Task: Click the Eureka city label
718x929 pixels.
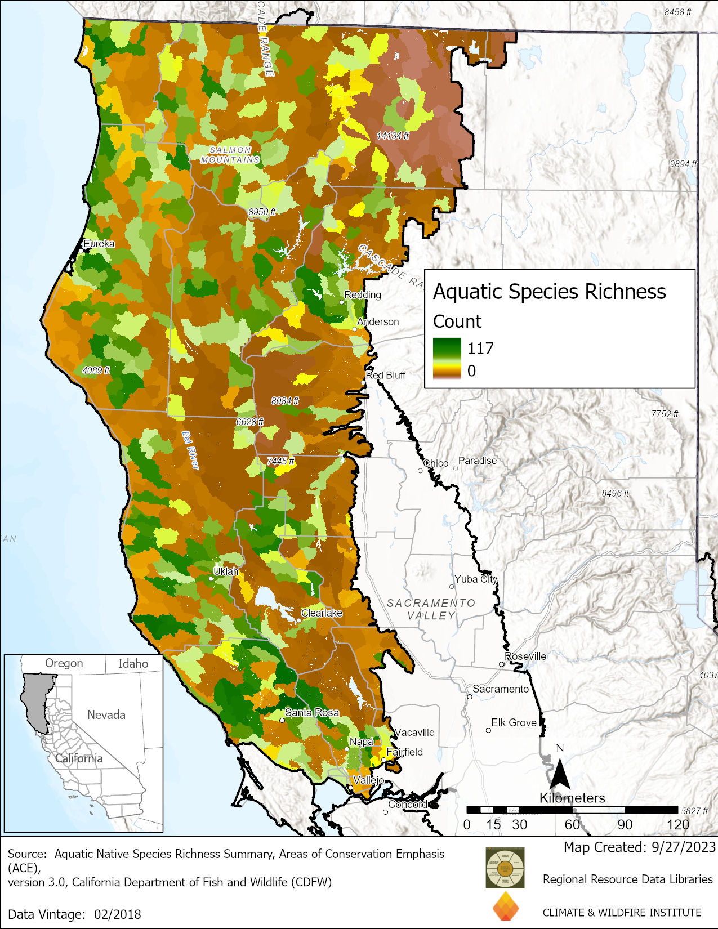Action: pos(99,244)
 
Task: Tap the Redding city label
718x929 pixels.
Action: pos(363,294)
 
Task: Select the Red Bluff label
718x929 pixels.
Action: pos(386,375)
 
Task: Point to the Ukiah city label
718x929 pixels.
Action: pos(226,571)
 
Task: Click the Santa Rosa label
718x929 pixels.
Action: pos(312,712)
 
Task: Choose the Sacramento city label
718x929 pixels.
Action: pos(501,689)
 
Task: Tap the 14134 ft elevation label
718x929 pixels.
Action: pos(393,136)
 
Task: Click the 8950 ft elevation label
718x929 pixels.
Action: pos(262,212)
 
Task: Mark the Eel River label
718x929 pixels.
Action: pos(191,450)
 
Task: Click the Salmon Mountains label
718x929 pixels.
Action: pos(230,155)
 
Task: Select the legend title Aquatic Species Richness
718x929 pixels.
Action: pos(549,292)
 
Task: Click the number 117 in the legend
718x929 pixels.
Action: pos(480,349)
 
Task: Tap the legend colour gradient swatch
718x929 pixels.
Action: pos(447,359)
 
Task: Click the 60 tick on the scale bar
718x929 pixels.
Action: pos(572,825)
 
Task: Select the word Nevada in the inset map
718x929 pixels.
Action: pos(106,714)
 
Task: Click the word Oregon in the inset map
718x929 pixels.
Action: pos(64,663)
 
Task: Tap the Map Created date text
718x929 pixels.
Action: pos(639,847)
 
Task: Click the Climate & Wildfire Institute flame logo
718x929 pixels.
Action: pos(506,906)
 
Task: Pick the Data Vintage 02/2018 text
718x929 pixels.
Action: pos(74,914)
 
